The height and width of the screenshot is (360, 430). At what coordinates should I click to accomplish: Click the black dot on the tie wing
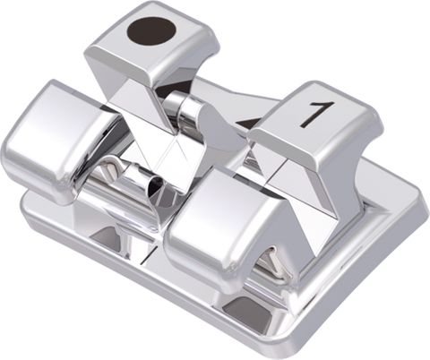point(150,30)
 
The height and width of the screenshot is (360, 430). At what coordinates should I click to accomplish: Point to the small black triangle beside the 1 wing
point(254,123)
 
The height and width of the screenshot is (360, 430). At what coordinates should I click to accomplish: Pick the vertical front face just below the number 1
point(309,148)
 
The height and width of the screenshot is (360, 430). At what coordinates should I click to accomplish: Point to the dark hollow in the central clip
point(156,188)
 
